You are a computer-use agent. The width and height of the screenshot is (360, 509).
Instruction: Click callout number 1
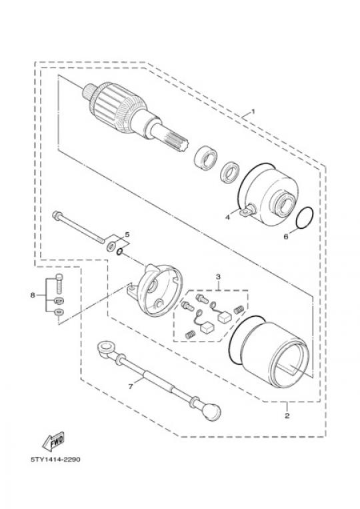pos(253,111)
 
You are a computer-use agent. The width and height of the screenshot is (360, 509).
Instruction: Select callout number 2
pos(287,415)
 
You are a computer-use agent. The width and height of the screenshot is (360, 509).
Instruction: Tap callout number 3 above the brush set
pos(218,277)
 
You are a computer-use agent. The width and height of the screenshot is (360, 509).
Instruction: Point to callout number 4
pos(228,217)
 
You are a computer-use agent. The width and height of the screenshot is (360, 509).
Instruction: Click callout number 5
pos(127,234)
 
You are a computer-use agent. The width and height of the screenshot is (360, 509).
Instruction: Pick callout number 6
pos(286,237)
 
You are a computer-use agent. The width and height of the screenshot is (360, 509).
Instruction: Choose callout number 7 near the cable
pos(131,386)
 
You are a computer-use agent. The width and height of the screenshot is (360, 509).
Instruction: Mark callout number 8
pos(33,295)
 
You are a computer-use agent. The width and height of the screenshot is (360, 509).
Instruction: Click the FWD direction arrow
pos(53,441)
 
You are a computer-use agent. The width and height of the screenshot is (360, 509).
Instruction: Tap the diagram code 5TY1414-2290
pos(55,460)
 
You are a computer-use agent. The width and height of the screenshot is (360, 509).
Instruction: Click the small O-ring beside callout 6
pos(305,218)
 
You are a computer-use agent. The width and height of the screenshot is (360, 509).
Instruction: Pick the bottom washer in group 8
pos(59,312)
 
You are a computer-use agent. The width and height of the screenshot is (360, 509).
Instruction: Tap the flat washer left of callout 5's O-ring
pos(111,246)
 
